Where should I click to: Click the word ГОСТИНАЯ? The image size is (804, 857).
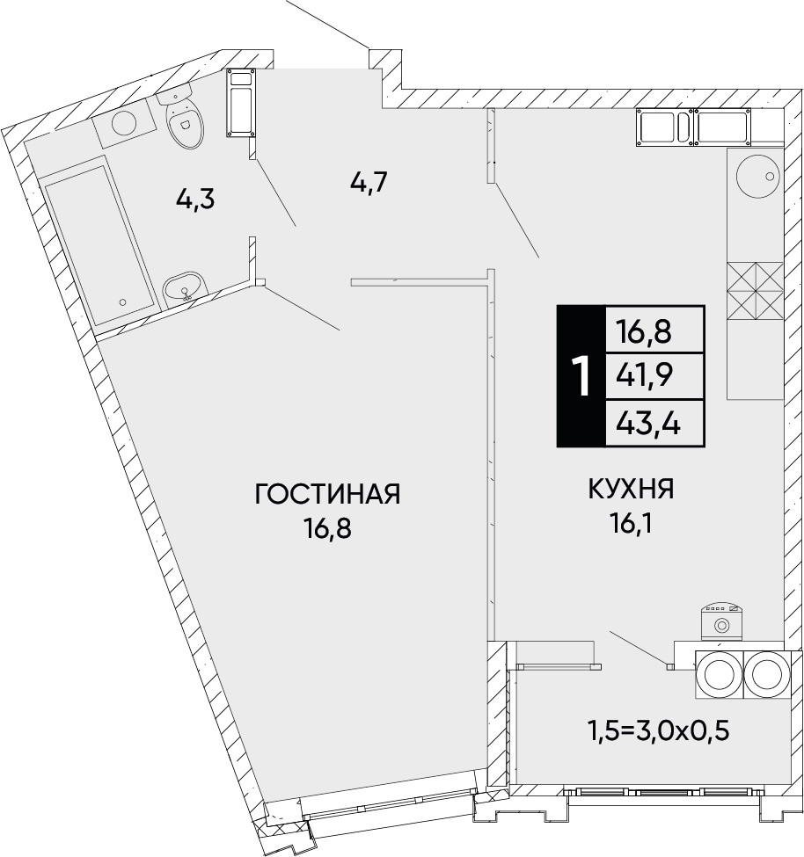click(327, 494)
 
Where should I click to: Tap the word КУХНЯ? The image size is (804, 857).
click(631, 490)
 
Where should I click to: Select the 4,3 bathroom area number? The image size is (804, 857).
click(195, 200)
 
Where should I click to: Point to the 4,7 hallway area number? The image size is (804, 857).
click(369, 182)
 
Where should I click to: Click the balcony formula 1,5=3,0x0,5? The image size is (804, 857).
click(659, 730)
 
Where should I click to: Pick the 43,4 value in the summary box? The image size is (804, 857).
click(648, 424)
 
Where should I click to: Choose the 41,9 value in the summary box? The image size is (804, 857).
click(644, 375)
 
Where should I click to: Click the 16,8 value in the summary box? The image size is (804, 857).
click(644, 331)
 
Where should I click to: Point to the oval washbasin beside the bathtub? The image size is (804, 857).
click(185, 287)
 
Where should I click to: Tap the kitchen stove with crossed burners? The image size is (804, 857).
click(756, 291)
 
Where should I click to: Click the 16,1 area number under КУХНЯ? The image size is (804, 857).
click(630, 525)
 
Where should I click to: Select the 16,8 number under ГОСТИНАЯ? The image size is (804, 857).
click(328, 528)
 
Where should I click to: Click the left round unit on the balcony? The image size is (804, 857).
click(718, 675)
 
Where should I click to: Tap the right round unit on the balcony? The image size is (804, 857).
click(766, 675)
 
